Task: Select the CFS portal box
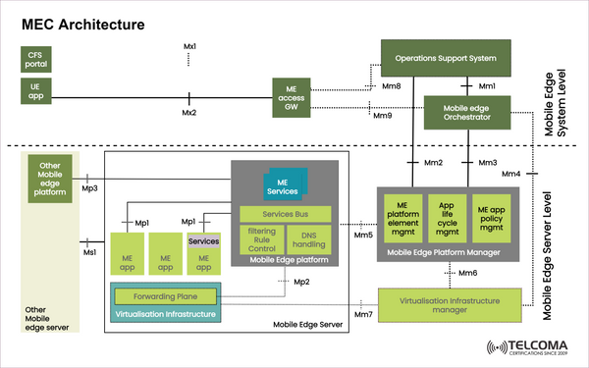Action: coord(36,59)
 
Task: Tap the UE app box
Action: coord(36,91)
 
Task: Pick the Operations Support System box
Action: coord(446,59)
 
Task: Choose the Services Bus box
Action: coord(285,214)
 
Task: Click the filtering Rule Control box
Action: coord(260,237)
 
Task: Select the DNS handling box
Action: coord(310,237)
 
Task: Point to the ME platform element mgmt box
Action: coord(402,215)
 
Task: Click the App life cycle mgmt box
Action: coord(447,215)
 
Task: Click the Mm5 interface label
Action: coord(362,235)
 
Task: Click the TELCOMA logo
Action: coord(528,348)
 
